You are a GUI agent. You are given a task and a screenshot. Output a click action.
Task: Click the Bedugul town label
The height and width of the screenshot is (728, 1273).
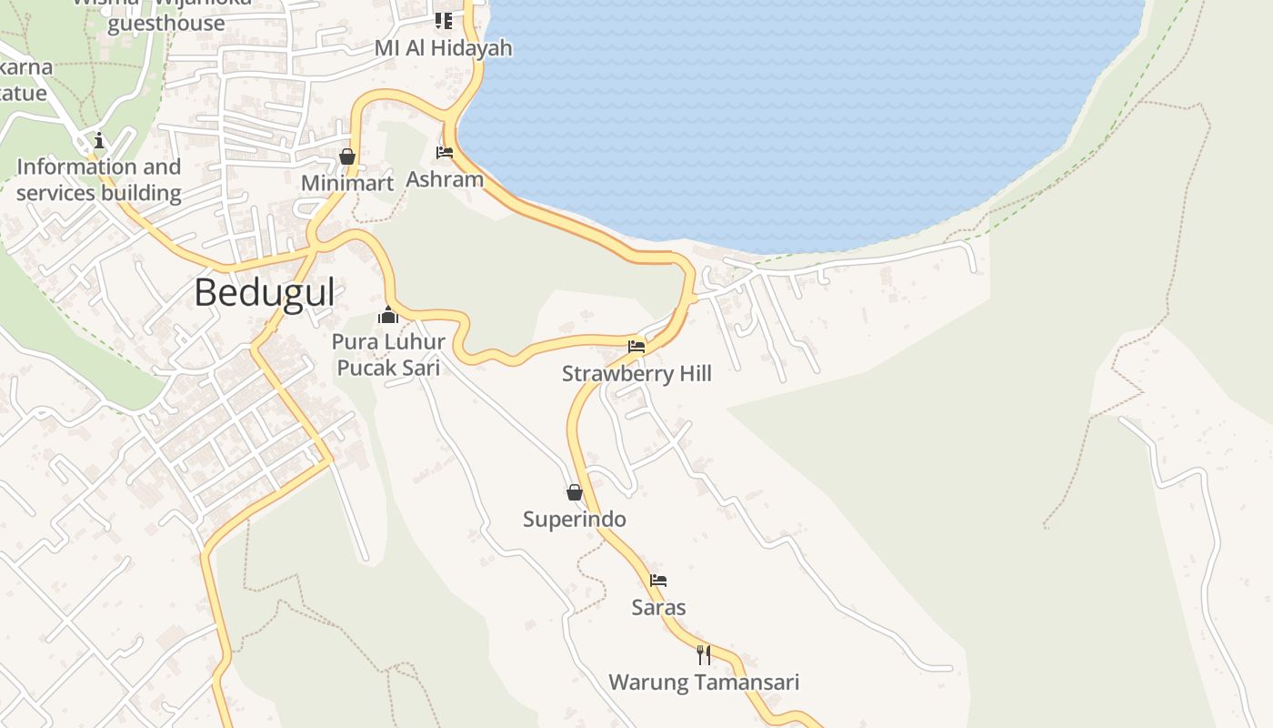[265, 293]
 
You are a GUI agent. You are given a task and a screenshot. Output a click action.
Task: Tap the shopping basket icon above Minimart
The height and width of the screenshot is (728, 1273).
[346, 157]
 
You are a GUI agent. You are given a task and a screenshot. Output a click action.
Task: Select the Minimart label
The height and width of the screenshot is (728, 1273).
[347, 183]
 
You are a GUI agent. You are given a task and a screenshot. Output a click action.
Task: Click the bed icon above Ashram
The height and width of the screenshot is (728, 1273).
[445, 153]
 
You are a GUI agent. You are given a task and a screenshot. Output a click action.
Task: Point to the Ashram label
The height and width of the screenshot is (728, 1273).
[445, 178]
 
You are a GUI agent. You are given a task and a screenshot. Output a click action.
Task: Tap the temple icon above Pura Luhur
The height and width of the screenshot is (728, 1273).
[388, 316]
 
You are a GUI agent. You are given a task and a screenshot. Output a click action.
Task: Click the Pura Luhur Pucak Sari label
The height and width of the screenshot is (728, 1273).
[388, 355]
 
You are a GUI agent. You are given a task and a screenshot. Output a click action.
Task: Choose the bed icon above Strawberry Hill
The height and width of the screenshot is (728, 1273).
[636, 347]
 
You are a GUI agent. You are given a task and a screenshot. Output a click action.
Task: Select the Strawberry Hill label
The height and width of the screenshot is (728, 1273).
[636, 374]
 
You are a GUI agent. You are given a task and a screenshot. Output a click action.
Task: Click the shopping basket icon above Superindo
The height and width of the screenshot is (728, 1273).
[575, 492]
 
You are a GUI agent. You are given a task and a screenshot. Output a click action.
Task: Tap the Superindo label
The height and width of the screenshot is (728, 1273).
[575, 520]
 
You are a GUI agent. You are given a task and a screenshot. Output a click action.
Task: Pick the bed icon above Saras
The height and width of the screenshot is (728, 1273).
[658, 581]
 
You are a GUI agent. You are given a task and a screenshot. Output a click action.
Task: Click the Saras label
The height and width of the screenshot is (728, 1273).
[658, 607]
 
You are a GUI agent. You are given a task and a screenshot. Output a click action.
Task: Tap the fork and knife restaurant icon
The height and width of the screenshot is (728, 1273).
[704, 655]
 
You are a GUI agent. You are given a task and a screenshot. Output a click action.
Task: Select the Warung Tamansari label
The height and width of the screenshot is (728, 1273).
[704, 682]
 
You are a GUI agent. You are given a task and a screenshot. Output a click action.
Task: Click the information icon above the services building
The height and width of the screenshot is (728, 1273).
[99, 141]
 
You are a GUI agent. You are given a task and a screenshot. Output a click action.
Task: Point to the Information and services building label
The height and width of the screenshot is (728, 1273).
[99, 179]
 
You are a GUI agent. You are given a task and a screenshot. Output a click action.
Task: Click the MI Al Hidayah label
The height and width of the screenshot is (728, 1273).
[444, 48]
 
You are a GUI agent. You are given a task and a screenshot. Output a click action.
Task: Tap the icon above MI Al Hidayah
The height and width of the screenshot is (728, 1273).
[444, 20]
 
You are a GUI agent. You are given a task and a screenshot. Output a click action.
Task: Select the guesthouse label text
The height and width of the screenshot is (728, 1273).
[165, 23]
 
